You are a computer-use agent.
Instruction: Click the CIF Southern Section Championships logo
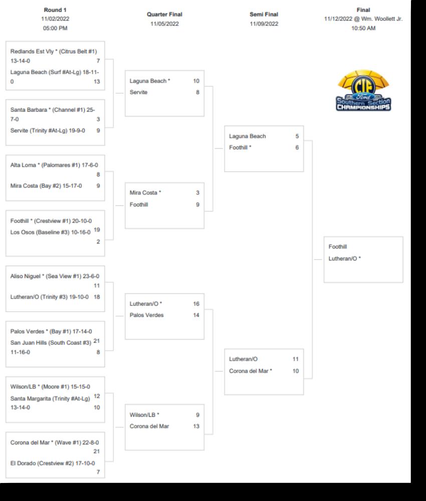[363, 91]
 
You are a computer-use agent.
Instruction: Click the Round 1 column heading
[55, 10]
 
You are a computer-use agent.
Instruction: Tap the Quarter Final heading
[164, 15]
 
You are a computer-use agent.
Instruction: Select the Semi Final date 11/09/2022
[264, 24]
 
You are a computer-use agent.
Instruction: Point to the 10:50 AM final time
[363, 28]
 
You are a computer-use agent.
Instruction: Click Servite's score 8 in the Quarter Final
[197, 92]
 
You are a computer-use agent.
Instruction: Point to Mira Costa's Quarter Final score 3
[197, 192]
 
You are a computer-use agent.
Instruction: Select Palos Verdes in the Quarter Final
[146, 315]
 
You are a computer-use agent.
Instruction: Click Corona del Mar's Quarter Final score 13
[196, 426]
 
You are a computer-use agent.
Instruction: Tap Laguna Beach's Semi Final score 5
[297, 136]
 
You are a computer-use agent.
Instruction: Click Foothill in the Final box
[338, 246]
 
